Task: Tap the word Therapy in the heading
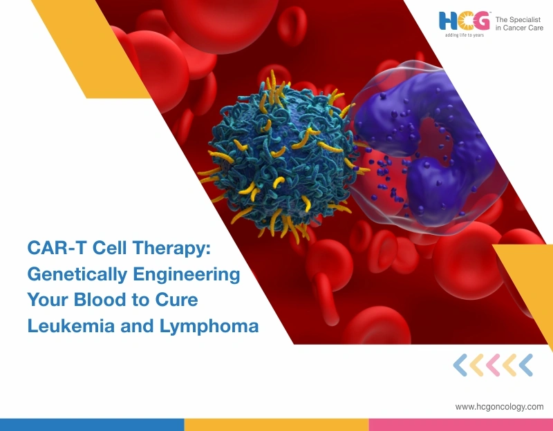(x=172, y=249)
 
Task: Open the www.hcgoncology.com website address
(x=499, y=407)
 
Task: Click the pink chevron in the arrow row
(x=493, y=364)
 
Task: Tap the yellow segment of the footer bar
(x=276, y=424)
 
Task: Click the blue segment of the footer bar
(x=92, y=424)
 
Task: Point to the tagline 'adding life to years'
(x=465, y=35)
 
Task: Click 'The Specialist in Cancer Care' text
(x=519, y=24)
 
